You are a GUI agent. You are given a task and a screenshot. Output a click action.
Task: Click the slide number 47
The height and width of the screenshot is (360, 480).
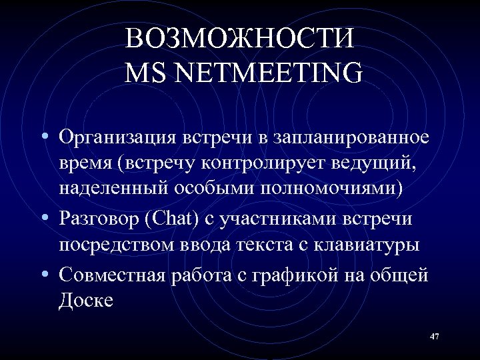[x=434, y=337]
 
